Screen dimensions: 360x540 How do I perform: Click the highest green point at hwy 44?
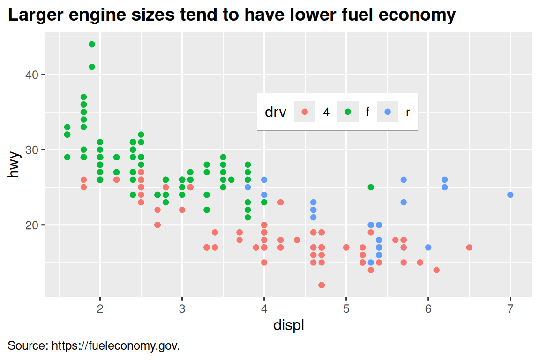(x=92, y=45)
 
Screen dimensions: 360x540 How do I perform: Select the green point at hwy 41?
(x=92, y=67)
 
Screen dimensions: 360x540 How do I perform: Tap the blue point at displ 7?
(x=510, y=195)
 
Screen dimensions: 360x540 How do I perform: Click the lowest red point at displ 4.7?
(x=322, y=285)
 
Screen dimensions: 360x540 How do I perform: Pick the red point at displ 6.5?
(x=469, y=247)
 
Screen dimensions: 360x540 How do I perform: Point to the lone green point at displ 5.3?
(x=371, y=187)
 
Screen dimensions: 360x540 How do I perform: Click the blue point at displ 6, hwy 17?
(x=428, y=247)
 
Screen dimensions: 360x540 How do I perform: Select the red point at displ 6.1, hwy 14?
(x=436, y=270)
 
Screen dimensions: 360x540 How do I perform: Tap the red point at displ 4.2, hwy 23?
(x=280, y=202)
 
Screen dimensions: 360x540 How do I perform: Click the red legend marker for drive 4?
(x=305, y=112)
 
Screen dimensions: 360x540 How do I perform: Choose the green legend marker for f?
(x=347, y=112)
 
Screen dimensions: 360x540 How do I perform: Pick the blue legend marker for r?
(x=388, y=112)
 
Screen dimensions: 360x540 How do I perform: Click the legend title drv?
(x=276, y=112)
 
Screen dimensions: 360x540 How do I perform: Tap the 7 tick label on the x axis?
(x=510, y=309)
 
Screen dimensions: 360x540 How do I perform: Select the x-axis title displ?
(x=289, y=325)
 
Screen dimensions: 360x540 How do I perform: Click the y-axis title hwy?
(x=15, y=165)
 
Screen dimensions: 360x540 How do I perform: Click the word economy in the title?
(x=416, y=15)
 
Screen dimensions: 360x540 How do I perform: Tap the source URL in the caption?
(x=115, y=346)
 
